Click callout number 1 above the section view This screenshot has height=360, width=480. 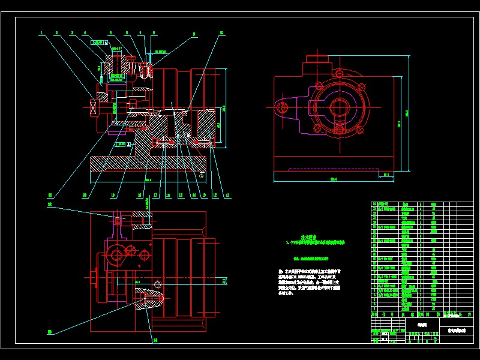[x=41, y=33]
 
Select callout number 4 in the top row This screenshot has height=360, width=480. [x=85, y=33]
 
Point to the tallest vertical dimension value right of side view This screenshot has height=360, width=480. [x=407, y=113]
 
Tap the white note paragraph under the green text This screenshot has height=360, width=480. [x=309, y=282]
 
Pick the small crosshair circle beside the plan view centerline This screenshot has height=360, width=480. [x=158, y=284]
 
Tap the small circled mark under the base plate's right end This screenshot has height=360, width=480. [x=202, y=176]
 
